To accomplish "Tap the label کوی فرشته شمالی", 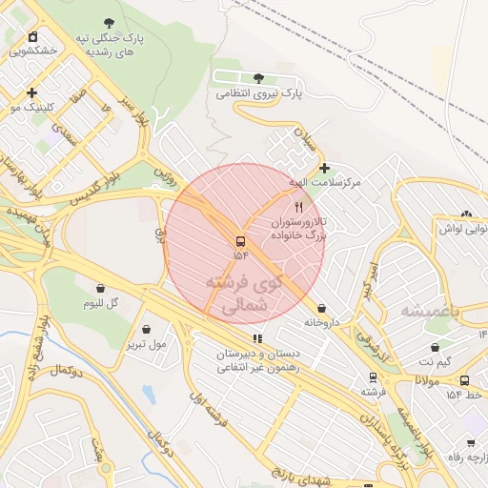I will click(244, 295).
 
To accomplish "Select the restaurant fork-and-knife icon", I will click(299, 207).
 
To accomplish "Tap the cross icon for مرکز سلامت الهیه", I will click(324, 168).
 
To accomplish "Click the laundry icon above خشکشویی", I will click(33, 37).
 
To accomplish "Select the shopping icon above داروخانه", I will click(321, 309).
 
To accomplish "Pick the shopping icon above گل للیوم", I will click(100, 288).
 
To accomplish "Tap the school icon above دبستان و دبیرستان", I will click(256, 338).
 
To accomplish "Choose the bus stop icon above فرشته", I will click(373, 377).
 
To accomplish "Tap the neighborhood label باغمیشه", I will click(430, 311).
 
